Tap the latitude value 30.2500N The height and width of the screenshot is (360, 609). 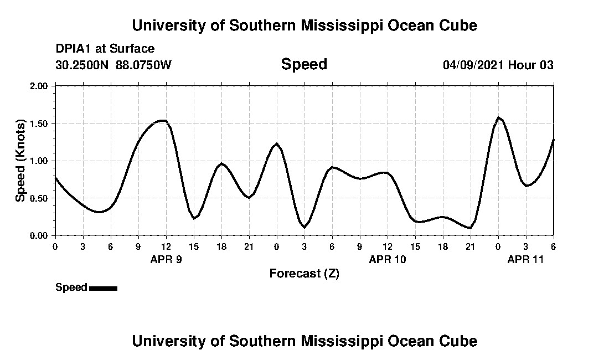82,65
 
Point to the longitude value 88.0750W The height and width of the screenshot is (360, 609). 143,65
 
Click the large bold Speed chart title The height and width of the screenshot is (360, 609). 304,64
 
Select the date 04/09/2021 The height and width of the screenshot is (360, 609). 473,65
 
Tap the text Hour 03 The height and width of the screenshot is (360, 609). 531,65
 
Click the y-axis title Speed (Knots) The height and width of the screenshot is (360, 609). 20,161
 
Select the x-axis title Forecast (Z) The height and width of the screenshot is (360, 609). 304,274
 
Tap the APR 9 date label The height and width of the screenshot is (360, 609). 166,259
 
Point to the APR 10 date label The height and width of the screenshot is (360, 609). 388,259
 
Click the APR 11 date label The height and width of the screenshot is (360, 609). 526,259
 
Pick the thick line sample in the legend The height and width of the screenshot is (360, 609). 103,288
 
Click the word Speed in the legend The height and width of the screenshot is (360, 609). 71,287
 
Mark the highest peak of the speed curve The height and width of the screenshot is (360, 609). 498,117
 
